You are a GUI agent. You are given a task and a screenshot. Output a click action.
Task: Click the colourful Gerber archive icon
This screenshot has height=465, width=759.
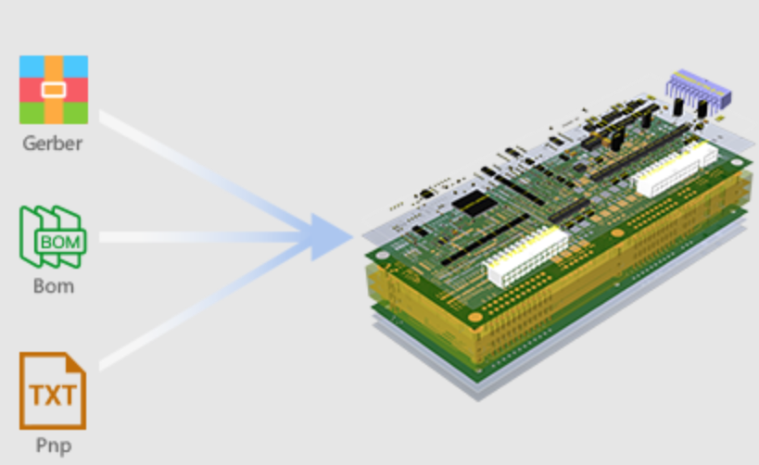54,90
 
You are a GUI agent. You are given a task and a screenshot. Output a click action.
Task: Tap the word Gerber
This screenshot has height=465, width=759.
53,144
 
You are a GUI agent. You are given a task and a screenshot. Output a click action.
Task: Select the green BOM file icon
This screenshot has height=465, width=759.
53,236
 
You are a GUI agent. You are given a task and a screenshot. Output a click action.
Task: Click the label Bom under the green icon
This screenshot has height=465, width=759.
54,286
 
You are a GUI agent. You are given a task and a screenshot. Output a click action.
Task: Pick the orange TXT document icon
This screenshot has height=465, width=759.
53,391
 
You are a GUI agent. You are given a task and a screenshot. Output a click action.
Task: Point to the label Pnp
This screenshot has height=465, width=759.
54,446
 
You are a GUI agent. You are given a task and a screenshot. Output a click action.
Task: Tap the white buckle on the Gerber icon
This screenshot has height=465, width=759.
54,90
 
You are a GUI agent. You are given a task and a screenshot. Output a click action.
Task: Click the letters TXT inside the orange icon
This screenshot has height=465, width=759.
53,396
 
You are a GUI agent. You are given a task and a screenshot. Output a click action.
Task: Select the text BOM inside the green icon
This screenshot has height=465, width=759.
60,242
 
